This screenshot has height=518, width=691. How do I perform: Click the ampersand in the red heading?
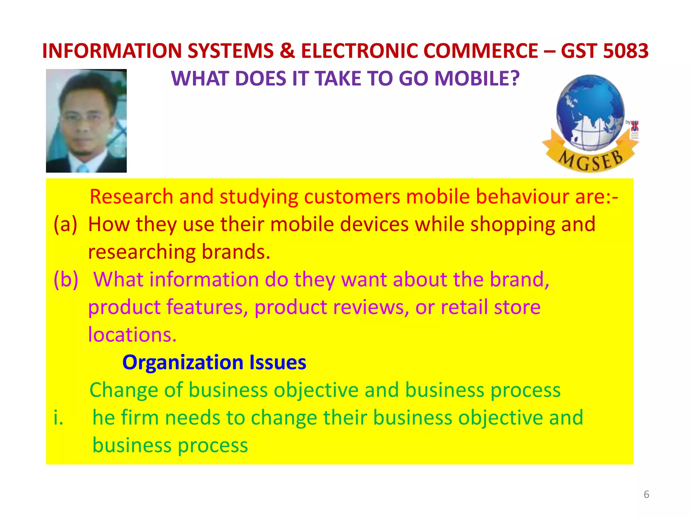(x=287, y=51)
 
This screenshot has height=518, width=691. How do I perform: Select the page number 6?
(x=646, y=494)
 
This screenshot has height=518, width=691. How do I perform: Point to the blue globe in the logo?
(x=590, y=111)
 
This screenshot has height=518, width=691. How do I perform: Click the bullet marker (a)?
(x=65, y=225)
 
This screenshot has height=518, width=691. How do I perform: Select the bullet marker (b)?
(x=66, y=280)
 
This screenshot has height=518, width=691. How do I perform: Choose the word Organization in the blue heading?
(x=183, y=363)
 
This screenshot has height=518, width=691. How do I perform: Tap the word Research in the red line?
(x=131, y=197)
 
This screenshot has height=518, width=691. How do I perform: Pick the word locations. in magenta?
(x=132, y=335)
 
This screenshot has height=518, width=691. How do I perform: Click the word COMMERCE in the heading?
(x=480, y=51)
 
